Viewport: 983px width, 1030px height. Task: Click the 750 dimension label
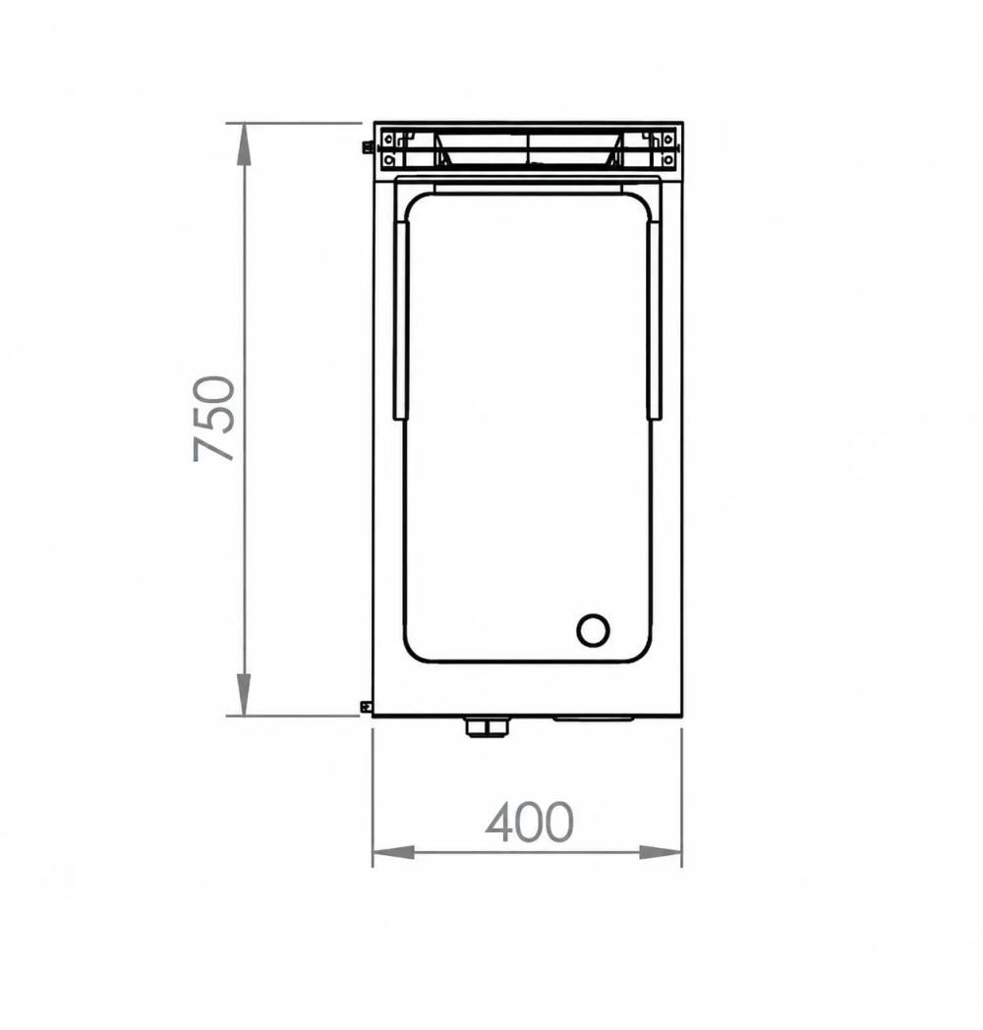[x=214, y=419]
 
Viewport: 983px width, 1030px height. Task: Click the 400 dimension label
[x=529, y=822]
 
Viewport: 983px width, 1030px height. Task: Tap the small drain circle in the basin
[x=593, y=631]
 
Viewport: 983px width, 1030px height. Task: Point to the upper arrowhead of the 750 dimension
[x=244, y=143]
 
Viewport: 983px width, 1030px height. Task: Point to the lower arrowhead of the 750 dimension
[x=244, y=694]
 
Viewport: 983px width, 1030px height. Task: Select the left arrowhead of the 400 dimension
[x=393, y=853]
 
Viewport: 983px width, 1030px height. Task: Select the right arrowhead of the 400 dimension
[x=661, y=853]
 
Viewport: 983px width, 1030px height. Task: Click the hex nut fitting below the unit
[x=487, y=727]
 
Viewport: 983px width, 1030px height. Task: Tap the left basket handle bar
[x=401, y=319]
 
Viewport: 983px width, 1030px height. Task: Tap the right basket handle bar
[x=654, y=319]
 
